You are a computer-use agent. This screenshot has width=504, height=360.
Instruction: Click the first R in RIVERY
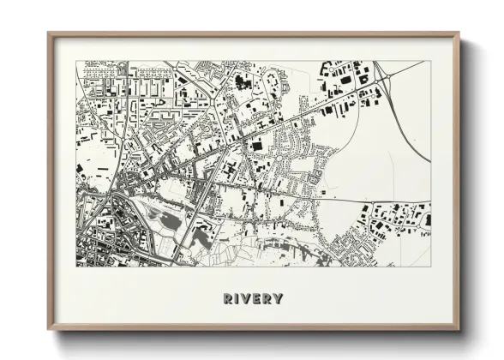point(228,299)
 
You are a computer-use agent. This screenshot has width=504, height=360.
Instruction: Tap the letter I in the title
point(238,299)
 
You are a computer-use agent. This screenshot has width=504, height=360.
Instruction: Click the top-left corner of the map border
point(76,60)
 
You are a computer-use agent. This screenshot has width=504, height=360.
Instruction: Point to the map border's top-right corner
point(430,60)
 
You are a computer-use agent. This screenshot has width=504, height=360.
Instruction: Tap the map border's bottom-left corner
point(76,266)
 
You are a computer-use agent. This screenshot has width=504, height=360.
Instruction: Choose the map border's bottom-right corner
point(430,266)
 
